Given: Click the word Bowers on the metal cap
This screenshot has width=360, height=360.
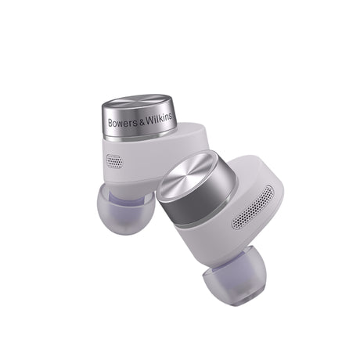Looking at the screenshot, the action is click(x=123, y=123).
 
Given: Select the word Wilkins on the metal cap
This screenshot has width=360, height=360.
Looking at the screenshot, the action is click(x=159, y=119).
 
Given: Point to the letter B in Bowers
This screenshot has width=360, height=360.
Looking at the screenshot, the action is click(x=110, y=123).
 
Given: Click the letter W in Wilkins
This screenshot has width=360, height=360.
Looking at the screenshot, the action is click(x=149, y=121).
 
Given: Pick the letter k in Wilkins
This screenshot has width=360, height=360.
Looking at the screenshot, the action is click(x=160, y=118).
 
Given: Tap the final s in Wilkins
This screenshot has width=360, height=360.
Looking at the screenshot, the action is click(x=171, y=117).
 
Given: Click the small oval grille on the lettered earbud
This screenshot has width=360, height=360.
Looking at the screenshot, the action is click(x=114, y=161).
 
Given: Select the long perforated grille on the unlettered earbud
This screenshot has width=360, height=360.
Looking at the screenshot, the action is click(x=253, y=207).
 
